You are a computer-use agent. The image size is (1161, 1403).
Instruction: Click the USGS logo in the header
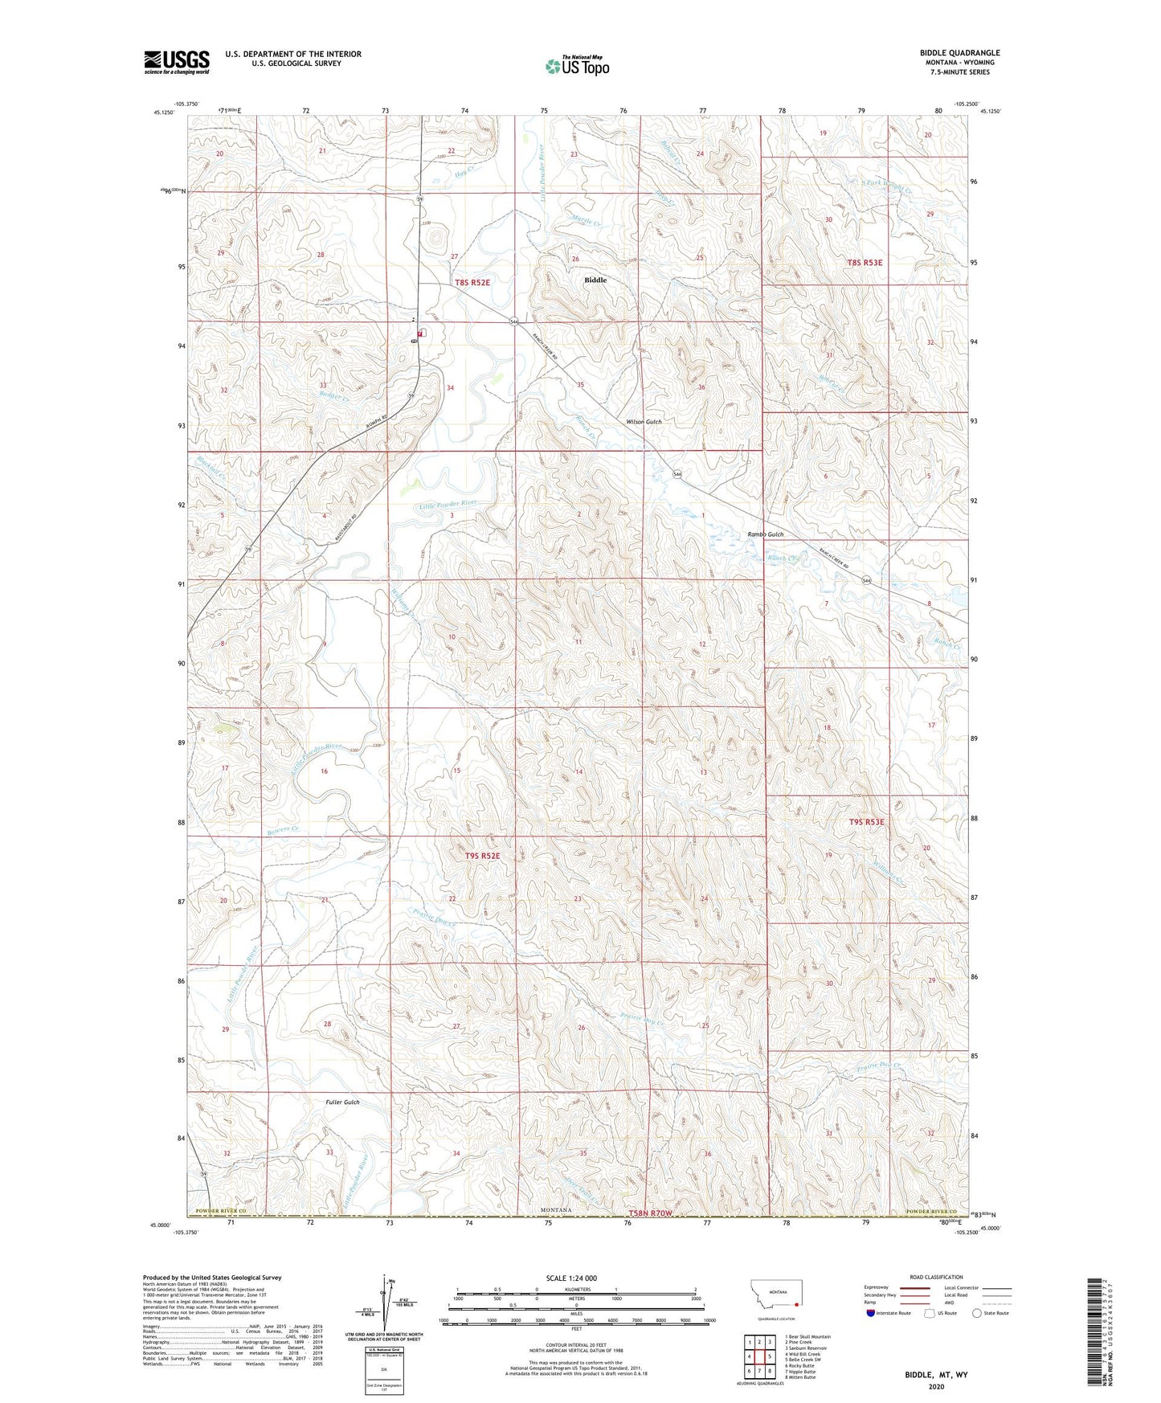point(177,61)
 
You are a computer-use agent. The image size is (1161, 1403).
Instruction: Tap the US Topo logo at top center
point(576,66)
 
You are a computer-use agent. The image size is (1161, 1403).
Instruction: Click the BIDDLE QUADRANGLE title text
point(959,53)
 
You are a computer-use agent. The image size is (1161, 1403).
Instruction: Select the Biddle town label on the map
point(595,280)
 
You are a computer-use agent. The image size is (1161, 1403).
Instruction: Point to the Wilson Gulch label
point(644,422)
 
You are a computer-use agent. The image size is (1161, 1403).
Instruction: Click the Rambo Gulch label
point(765,534)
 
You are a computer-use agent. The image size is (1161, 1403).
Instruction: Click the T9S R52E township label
point(482,857)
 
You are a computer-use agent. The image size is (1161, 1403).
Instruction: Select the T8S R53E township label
point(865,263)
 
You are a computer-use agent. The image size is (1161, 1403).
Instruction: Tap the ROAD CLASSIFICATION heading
point(936,1277)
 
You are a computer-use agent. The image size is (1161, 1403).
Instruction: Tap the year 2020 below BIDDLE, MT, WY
point(936,1386)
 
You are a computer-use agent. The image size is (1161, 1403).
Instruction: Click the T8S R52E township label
point(472,282)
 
